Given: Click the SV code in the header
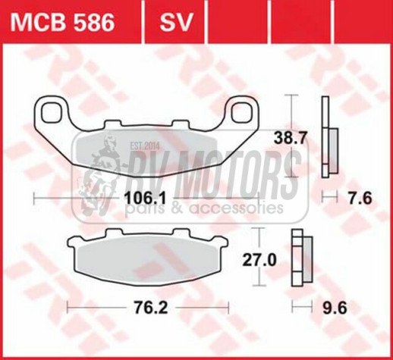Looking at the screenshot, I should pyautogui.click(x=174, y=21).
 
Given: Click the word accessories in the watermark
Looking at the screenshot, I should pyautogui.click(x=244, y=207).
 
